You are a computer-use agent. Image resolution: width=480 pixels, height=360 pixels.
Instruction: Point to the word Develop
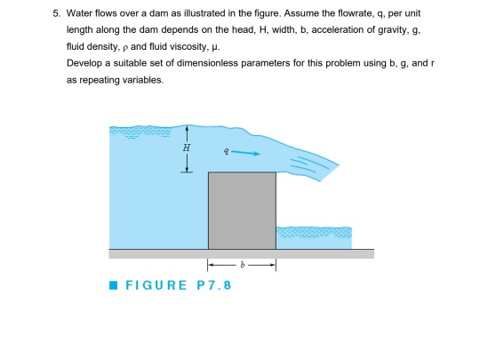click(84, 63)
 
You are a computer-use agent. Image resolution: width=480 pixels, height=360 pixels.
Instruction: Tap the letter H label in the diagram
click(184, 148)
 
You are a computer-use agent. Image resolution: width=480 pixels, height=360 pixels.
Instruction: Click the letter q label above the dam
click(227, 151)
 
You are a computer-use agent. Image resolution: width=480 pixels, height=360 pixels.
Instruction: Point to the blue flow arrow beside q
click(247, 153)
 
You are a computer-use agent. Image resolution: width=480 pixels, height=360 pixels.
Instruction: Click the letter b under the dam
click(242, 265)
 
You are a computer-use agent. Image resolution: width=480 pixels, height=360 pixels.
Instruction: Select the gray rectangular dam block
click(242, 210)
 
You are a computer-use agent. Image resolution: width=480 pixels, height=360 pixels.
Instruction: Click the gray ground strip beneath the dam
click(240, 253)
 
